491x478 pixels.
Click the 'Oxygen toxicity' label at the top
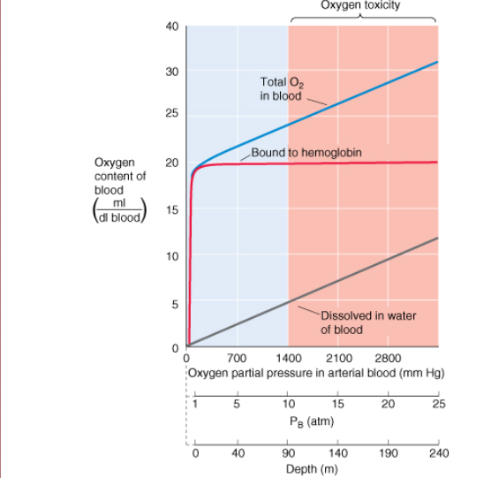pos(361,5)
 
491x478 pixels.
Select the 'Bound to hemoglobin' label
pos(306,152)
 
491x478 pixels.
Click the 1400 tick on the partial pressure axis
pos(288,358)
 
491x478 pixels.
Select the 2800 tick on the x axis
pos(388,358)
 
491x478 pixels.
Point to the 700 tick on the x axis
pos(237,358)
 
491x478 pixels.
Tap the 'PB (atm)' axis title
pos(309,421)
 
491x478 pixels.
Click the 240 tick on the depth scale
pos(437,452)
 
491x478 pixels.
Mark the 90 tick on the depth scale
pos(288,452)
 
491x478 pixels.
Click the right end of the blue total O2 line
pos(437,63)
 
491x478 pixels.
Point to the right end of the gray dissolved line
pos(437,238)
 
